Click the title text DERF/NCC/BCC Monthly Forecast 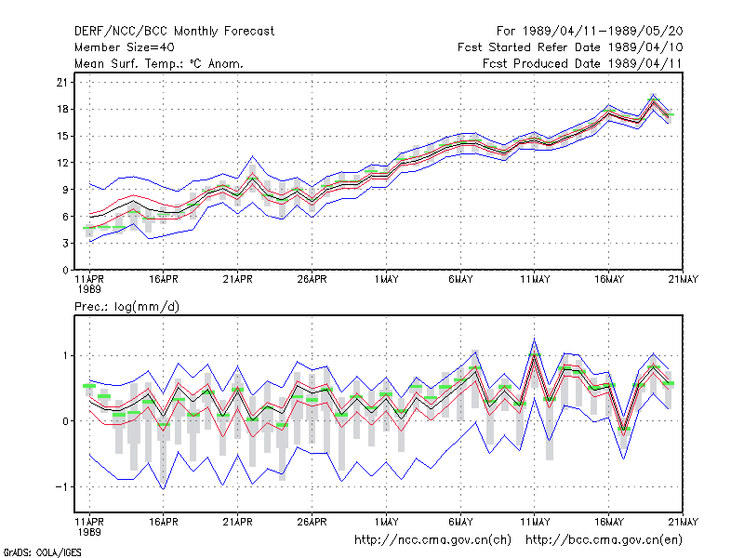(x=174, y=32)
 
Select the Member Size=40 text (x=125, y=47)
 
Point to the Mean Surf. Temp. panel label (x=159, y=63)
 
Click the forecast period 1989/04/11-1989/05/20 (x=590, y=32)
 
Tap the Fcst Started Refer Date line (x=570, y=47)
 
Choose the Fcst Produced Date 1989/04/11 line (x=582, y=63)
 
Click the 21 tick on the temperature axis (x=62, y=83)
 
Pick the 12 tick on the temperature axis (x=62, y=163)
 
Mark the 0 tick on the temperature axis (x=65, y=271)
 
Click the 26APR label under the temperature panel (x=312, y=280)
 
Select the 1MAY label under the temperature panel (x=386, y=280)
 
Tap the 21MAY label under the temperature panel (x=684, y=280)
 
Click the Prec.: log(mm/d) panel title (x=126, y=307)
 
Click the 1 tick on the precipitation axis (x=65, y=356)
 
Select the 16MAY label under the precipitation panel (x=609, y=522)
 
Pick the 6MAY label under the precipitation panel (x=460, y=522)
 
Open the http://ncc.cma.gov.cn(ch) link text (x=432, y=540)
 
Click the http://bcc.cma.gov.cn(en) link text (x=604, y=540)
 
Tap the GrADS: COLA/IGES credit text (x=42, y=552)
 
